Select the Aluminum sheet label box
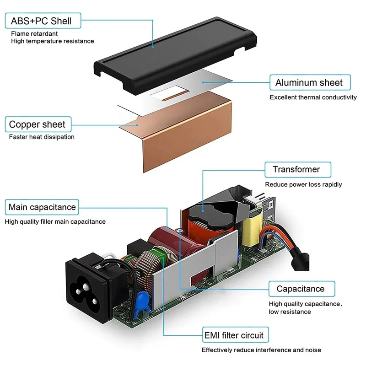point(309,83)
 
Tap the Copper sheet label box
point(37,124)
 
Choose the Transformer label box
point(296,169)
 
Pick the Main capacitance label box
point(42,207)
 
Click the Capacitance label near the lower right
point(300,289)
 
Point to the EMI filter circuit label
point(233,335)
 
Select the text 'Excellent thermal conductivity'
point(313,97)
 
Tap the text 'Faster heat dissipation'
point(42,137)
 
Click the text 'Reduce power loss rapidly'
point(303,184)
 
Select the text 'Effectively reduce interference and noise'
point(261,350)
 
